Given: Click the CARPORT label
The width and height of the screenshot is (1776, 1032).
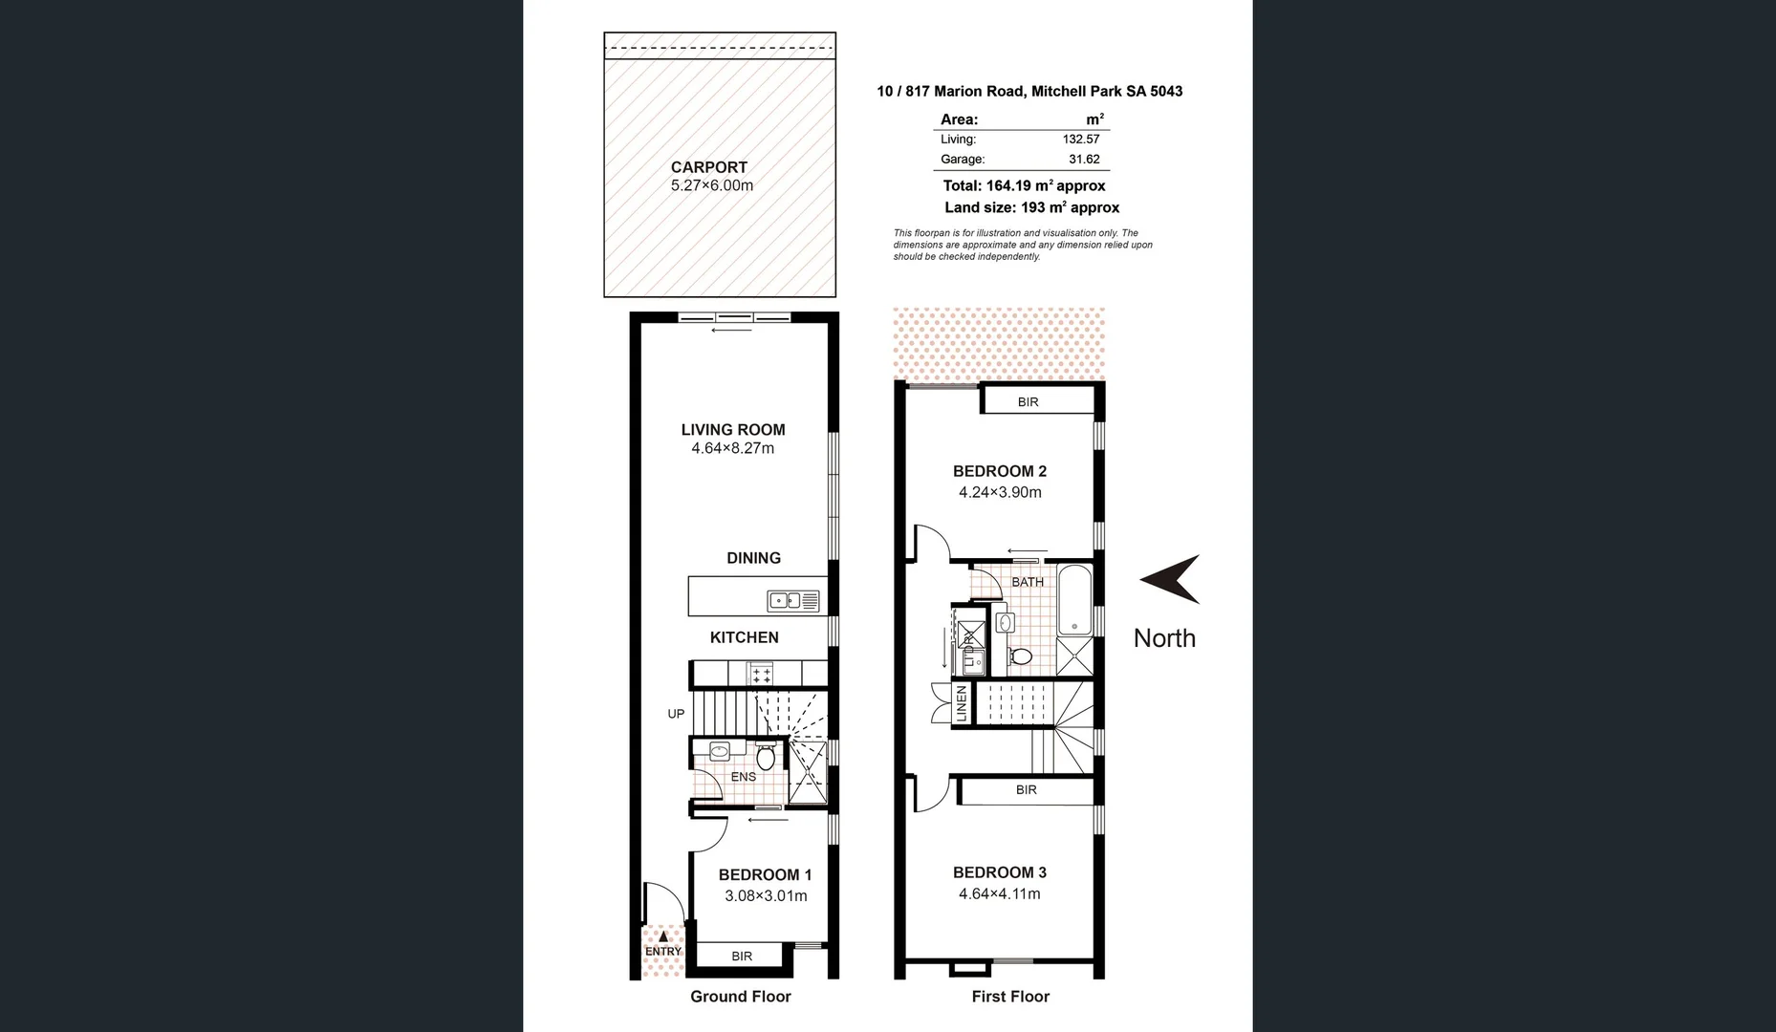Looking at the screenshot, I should (x=708, y=167).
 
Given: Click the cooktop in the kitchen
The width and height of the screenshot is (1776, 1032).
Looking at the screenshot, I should (x=761, y=675).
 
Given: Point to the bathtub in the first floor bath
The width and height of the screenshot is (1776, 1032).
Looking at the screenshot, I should (x=1074, y=600).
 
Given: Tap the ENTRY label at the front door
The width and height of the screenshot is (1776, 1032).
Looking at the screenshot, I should (x=663, y=951).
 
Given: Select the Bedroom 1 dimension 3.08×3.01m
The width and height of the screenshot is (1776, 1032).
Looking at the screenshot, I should (x=766, y=896).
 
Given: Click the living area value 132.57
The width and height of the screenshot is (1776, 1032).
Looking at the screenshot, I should (x=1081, y=140).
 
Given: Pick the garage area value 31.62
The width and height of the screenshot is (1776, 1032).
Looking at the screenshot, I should (x=1084, y=160).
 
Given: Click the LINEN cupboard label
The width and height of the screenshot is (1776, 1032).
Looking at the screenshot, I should (x=962, y=704).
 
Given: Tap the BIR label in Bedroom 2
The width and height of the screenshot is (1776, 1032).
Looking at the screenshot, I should (x=1028, y=402).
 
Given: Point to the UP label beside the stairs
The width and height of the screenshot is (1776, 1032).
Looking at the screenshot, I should (x=676, y=714).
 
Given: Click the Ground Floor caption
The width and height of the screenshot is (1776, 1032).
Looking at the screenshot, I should (x=741, y=997).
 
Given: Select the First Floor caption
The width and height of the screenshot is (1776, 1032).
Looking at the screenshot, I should (x=1010, y=997).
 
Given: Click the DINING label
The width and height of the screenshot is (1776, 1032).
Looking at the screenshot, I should (x=753, y=558).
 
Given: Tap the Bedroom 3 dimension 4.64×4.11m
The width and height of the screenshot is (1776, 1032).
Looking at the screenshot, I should (x=1000, y=894).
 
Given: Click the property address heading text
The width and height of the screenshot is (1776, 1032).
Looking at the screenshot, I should (x=1029, y=92).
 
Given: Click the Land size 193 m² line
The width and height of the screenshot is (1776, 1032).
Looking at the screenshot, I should (x=1031, y=207).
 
